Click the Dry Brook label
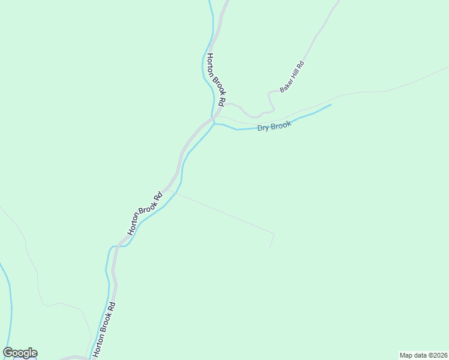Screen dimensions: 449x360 pos(274,127)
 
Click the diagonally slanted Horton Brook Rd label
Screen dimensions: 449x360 pos(145,213)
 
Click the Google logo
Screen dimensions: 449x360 pos(20,353)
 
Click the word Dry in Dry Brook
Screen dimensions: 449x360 pos(263,128)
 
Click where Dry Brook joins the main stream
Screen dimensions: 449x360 pos(214,124)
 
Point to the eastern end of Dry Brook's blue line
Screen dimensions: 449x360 pos(331,105)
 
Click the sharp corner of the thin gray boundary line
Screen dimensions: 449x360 pos(274,233)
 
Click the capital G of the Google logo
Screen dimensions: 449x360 pos(8,353)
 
